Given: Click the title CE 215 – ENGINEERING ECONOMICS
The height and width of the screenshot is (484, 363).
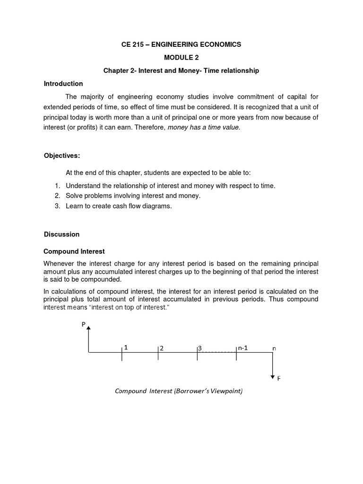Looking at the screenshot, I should pos(181,44).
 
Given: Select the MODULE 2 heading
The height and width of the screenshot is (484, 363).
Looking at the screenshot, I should pos(181,58).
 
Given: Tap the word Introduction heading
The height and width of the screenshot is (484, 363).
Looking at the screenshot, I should pos(63,84).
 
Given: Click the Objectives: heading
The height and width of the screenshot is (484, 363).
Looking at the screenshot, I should pos(62,156).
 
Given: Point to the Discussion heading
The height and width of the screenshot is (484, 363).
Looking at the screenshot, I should pos(61,234).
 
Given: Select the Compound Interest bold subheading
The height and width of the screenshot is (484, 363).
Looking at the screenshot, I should pos(74,251).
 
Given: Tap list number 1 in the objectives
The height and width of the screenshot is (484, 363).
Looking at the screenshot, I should pos(57,186).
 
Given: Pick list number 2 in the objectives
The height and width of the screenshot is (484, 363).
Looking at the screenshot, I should pos(57,196).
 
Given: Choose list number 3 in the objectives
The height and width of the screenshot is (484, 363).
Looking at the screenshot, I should pos(57,206).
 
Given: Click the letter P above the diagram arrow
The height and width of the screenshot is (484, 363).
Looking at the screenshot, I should pos(84,324).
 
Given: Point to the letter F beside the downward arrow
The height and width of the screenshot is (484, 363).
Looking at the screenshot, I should pos(278,378).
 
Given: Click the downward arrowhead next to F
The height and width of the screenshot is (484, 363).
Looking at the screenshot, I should pos(273,376).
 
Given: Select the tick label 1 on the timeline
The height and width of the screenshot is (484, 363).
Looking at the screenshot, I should pos(126,347).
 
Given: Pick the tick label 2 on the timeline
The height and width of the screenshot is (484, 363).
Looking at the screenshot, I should pos(162,348).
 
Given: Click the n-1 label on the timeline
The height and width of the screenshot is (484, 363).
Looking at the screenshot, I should pos(242,348).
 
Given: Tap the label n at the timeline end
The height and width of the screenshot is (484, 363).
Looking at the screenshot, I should pos(274,349).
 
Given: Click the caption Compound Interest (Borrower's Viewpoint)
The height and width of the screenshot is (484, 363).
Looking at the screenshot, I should pos(179,391).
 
